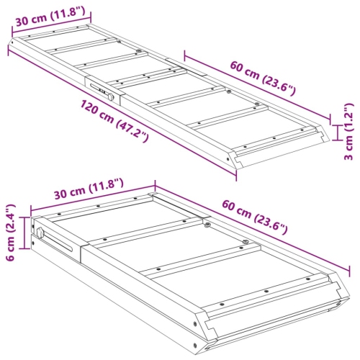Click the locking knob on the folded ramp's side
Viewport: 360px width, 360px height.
point(41,233)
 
